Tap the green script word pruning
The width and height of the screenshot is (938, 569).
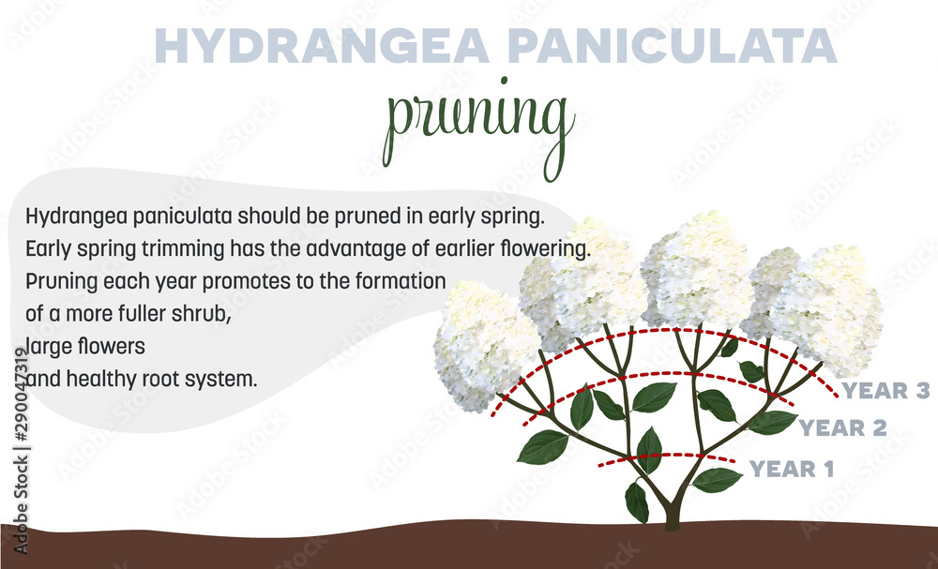click(479, 127)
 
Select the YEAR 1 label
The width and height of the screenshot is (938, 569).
click(792, 468)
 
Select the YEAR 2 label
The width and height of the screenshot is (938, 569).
click(842, 428)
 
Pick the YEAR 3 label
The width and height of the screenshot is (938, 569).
click(885, 391)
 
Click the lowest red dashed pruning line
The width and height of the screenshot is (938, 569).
click(667, 458)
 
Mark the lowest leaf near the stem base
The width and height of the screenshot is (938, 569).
click(637, 502)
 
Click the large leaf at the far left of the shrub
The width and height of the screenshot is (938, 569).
click(543, 446)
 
